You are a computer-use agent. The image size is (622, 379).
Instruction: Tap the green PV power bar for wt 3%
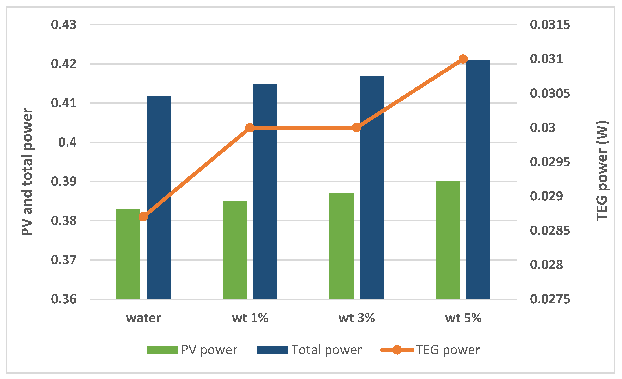341,246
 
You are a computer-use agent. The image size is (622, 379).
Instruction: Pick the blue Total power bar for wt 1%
265,191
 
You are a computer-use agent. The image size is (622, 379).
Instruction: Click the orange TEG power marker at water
143,217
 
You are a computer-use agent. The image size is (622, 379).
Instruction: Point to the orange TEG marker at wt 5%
463,59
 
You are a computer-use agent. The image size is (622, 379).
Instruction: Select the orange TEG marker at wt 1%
250,128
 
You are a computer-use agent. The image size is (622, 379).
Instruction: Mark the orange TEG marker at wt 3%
356,128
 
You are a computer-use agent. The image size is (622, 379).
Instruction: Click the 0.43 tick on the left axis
64,25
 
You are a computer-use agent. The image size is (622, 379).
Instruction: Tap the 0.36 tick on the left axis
64,299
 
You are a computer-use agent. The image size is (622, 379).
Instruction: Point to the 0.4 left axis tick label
67,142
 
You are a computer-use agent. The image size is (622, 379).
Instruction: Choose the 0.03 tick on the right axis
543,128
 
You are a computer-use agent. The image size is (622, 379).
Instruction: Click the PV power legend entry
192,350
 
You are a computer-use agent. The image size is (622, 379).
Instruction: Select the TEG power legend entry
430,350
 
